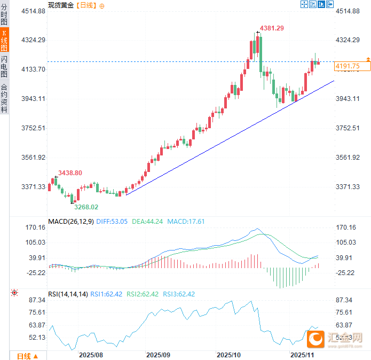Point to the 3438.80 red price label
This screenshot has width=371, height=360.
pyautogui.click(x=70, y=173)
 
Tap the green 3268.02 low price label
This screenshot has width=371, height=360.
pyautogui.click(x=86, y=207)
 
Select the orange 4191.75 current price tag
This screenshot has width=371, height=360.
pyautogui.click(x=347, y=66)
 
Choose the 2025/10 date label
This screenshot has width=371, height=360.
pyautogui.click(x=228, y=355)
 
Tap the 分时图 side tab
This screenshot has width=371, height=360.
pyautogui.click(x=4, y=14)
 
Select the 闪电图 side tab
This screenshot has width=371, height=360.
pyautogui.click(x=4, y=66)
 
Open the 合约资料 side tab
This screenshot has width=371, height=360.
pyautogui.click(x=4, y=98)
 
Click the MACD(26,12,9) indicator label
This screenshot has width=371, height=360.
pyautogui.click(x=70, y=221)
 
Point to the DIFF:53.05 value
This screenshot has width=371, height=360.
pyautogui.click(x=112, y=221)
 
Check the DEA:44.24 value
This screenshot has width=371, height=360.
pyautogui.click(x=148, y=221)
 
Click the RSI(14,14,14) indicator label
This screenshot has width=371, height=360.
pyautogui.click(x=68, y=294)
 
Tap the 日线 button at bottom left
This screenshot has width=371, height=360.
pyautogui.click(x=27, y=356)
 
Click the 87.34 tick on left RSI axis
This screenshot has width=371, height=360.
pyautogui.click(x=33, y=300)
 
